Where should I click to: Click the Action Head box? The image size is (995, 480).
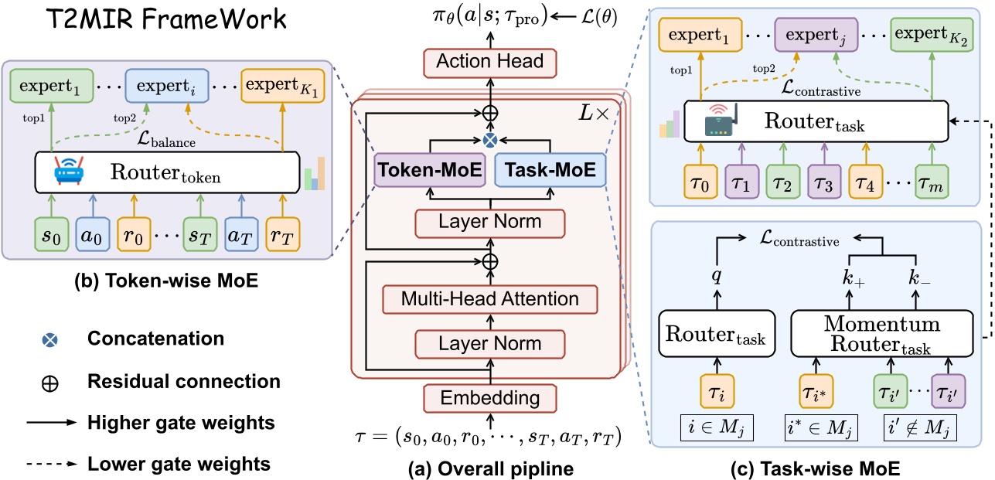pyautogui.click(x=489, y=60)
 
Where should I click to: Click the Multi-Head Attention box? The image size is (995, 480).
pyautogui.click(x=489, y=298)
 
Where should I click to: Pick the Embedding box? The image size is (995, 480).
pyautogui.click(x=489, y=398)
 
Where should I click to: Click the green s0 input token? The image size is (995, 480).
pyautogui.click(x=52, y=235)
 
